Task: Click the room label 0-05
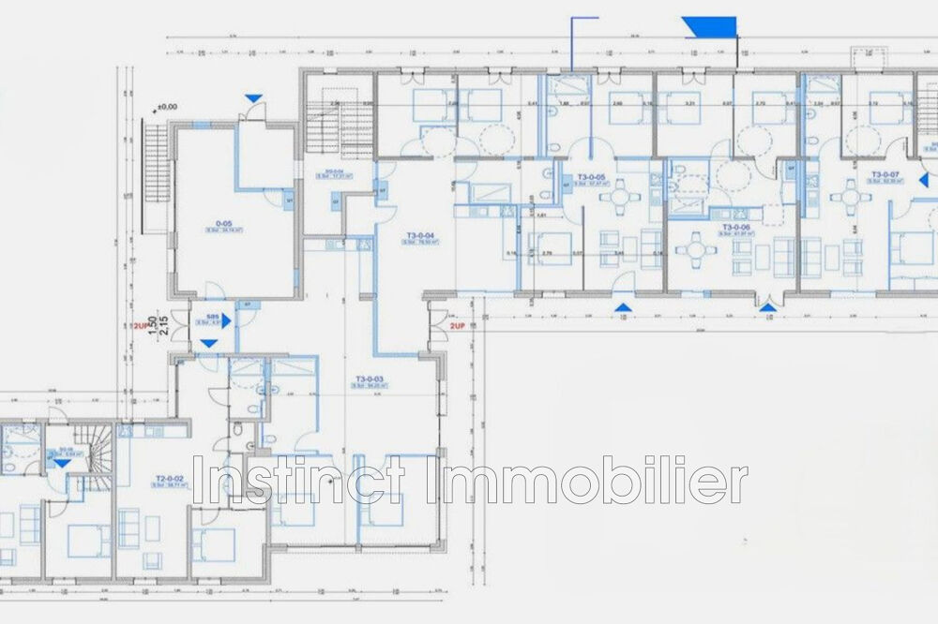pyautogui.click(x=224, y=223)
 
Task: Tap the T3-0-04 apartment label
pyautogui.click(x=418, y=235)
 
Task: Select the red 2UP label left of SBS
pyautogui.click(x=140, y=327)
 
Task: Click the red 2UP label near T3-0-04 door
pyautogui.click(x=458, y=327)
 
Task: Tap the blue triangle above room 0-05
pyautogui.click(x=252, y=97)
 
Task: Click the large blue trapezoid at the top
pyautogui.click(x=709, y=26)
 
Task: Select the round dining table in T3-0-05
pyautogui.click(x=617, y=198)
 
